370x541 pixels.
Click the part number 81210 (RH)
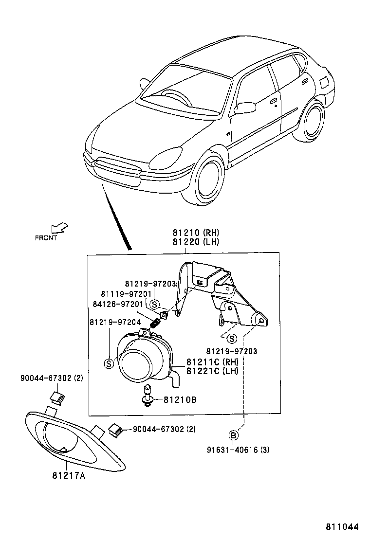[195, 233]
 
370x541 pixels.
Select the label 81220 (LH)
[195, 241]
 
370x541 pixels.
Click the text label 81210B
[180, 400]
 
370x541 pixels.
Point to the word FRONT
[46, 238]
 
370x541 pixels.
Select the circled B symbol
[234, 435]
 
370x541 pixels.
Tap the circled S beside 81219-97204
[109, 362]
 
